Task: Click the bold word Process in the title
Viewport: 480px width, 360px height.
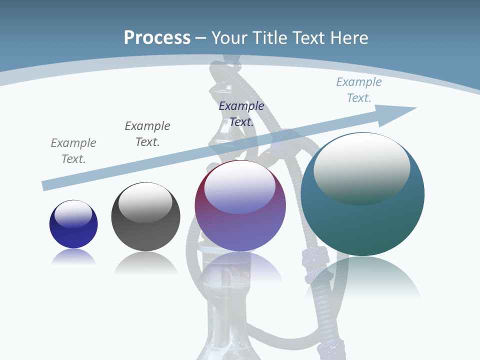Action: tap(157, 38)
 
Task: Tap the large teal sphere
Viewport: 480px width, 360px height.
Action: tap(362, 220)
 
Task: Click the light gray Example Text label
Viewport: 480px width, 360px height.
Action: tap(73, 151)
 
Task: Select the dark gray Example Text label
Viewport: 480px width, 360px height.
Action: tap(147, 134)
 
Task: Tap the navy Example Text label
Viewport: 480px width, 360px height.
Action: tap(241, 114)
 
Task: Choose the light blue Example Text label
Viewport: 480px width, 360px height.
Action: tap(359, 90)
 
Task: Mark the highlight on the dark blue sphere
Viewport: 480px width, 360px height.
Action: tap(73, 214)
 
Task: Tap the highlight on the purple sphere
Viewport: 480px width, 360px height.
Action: tap(240, 188)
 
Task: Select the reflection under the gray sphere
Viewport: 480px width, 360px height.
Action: tap(145, 262)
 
